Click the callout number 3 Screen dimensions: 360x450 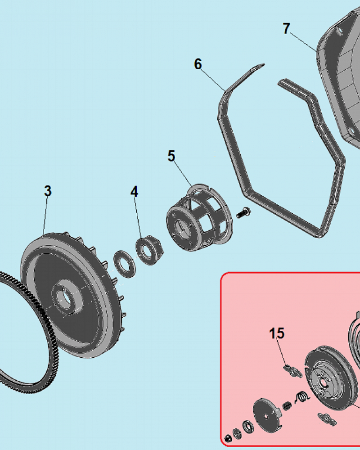point(48,191)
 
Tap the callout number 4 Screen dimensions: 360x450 point(134,191)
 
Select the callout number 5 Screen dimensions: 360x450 point(171,156)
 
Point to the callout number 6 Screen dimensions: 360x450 point(198,64)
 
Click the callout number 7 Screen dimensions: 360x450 point(287,28)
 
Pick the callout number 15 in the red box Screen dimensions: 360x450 point(277,333)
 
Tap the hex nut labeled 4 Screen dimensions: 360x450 point(150,250)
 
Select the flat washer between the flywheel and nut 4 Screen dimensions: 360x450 point(125,264)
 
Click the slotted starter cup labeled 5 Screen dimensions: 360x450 point(199,217)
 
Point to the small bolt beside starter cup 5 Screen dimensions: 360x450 point(243,213)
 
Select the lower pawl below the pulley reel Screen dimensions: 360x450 point(327,419)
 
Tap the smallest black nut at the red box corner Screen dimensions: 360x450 point(228,438)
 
